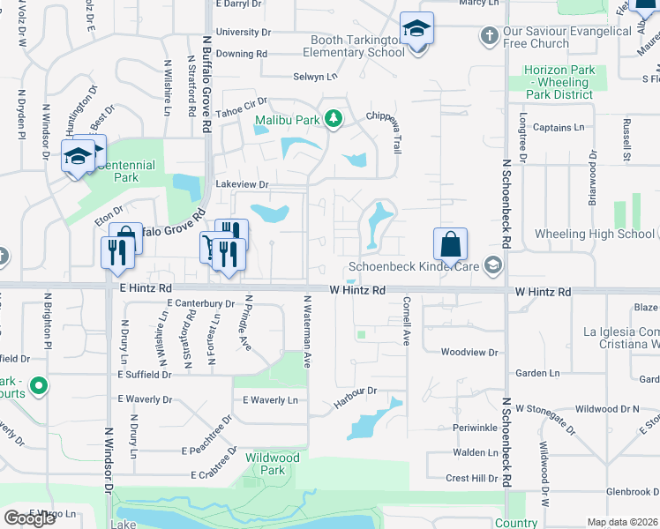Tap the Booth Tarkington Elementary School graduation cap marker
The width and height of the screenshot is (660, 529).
tap(415, 30)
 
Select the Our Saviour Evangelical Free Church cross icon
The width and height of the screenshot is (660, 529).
tap(489, 36)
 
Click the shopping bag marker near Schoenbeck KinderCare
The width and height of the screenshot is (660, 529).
tap(450, 244)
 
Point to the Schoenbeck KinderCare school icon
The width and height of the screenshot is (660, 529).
tap(493, 265)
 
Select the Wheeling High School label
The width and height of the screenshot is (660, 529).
tap(595, 234)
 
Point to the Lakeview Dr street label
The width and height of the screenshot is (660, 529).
tap(241, 184)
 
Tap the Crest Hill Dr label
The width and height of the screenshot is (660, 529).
tap(472, 478)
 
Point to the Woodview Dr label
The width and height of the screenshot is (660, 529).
tap(469, 352)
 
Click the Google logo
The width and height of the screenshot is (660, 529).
tap(29, 518)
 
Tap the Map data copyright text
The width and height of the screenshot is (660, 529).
tap(622, 522)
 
